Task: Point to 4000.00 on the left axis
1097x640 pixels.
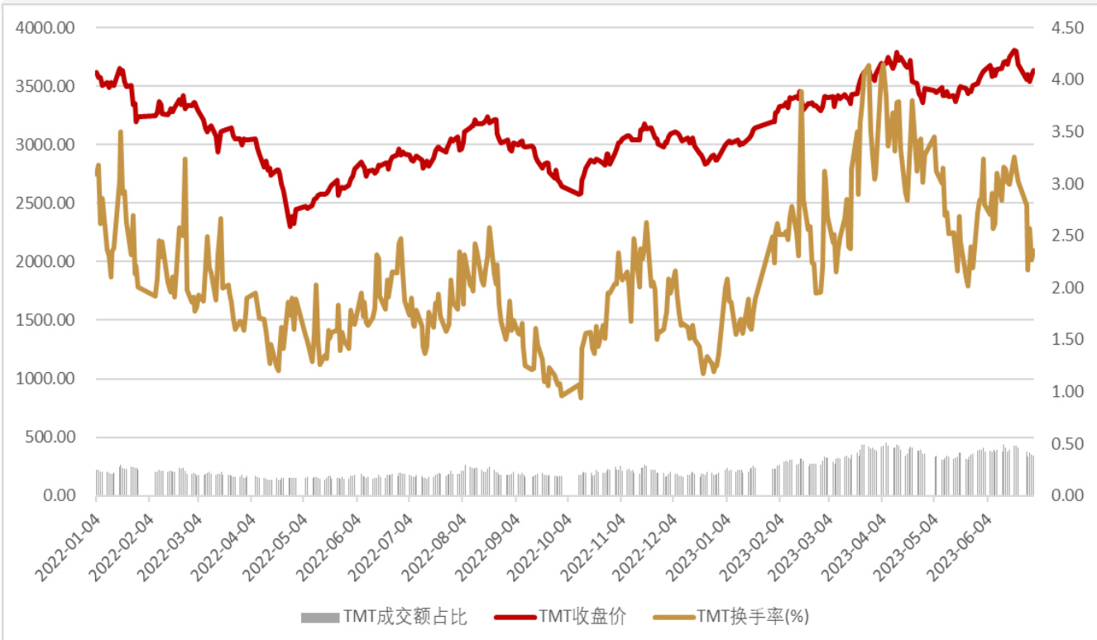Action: click(x=47, y=28)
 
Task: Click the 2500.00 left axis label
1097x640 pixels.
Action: click(x=47, y=203)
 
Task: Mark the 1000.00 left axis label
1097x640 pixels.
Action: click(x=47, y=379)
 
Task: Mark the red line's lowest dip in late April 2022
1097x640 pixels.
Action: click(x=290, y=226)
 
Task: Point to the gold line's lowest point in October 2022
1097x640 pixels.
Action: click(x=580, y=398)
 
